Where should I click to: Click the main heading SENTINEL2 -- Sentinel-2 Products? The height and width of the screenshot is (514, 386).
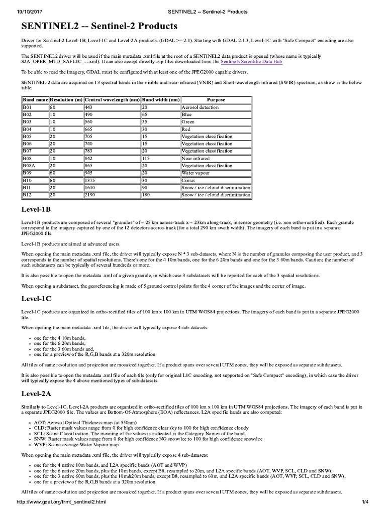[99, 25]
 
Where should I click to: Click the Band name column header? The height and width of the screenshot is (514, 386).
[35, 100]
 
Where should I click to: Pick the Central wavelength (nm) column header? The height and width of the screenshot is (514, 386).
[113, 100]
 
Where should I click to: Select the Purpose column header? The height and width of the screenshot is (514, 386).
[216, 100]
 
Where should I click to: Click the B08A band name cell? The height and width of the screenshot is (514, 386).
[30, 165]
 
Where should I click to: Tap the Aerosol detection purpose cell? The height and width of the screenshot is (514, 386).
[200, 107]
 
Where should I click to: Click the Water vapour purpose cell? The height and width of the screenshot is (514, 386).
[197, 173]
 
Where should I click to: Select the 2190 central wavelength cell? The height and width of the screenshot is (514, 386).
[90, 194]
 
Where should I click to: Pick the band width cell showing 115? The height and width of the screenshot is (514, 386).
[147, 158]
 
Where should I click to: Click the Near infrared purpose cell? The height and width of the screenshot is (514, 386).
[196, 158]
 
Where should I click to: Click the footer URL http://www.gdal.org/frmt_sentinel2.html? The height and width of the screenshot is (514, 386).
[61, 502]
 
